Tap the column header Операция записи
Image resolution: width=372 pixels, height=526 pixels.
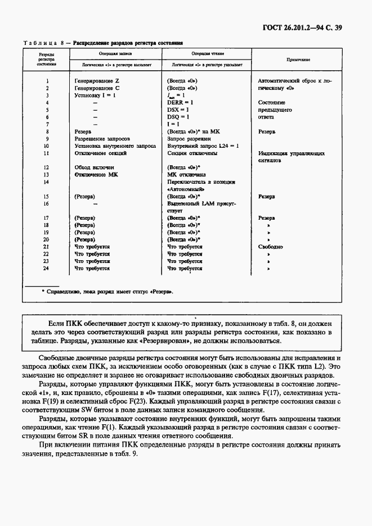115,53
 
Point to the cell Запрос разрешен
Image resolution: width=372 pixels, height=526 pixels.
189,138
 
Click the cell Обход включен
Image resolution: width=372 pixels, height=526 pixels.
95,167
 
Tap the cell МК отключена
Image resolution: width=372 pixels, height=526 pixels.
186,175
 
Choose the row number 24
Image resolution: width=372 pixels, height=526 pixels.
46,269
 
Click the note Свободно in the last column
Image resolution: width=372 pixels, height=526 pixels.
270,247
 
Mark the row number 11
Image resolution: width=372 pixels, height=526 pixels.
46,153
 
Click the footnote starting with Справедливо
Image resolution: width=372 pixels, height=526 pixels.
107,292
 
